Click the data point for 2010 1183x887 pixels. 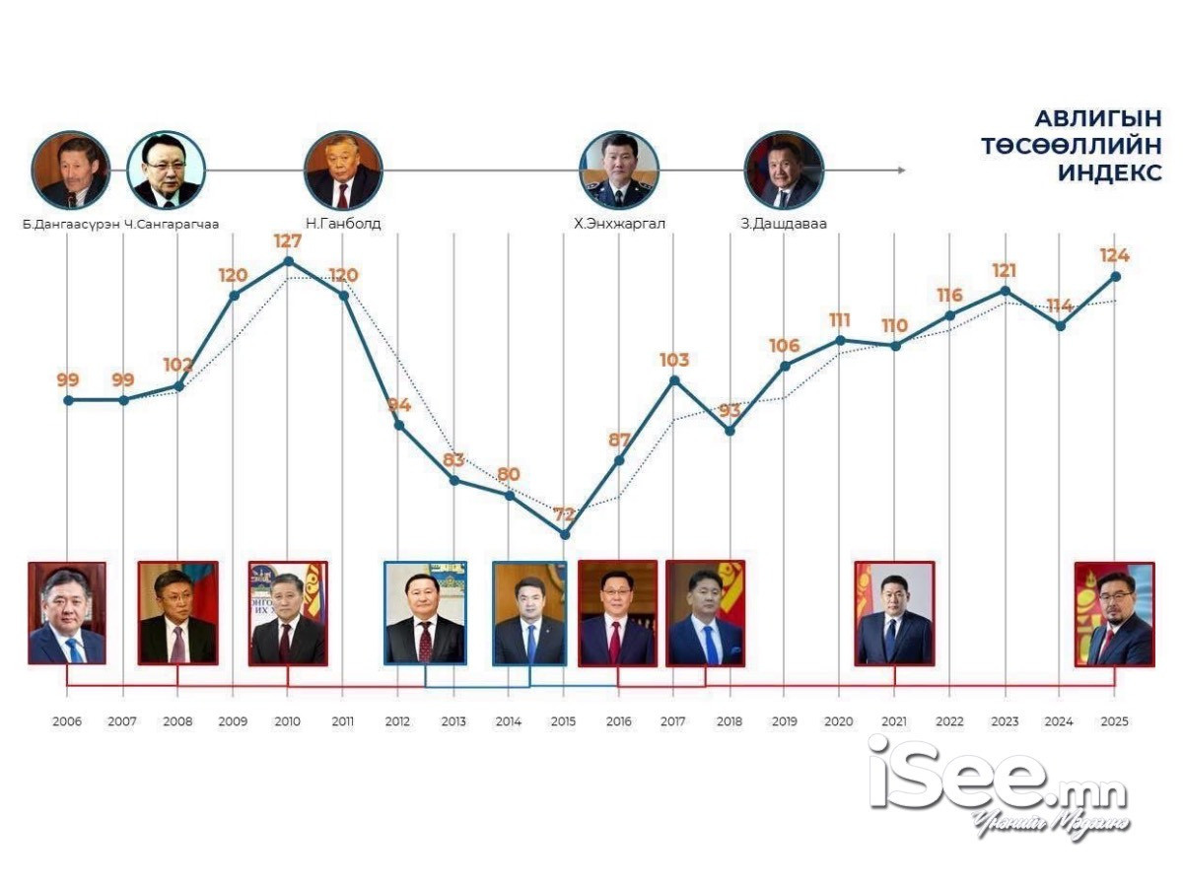288,261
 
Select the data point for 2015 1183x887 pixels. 564,534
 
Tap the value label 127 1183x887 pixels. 288,240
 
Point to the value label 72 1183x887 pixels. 563,513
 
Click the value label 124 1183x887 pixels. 1115,256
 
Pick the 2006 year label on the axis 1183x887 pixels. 67,722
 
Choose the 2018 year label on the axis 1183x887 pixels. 730,722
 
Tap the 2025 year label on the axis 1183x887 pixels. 1115,722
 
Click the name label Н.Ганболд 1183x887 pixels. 343,224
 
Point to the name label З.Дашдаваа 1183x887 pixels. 784,224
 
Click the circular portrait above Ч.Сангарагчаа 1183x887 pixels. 167,170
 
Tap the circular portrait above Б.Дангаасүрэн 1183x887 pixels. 69,170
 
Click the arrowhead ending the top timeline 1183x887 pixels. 900,171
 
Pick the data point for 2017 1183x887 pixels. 674,380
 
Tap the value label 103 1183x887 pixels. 674,360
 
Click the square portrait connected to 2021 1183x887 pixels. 894,613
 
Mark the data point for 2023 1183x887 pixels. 1005,291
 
